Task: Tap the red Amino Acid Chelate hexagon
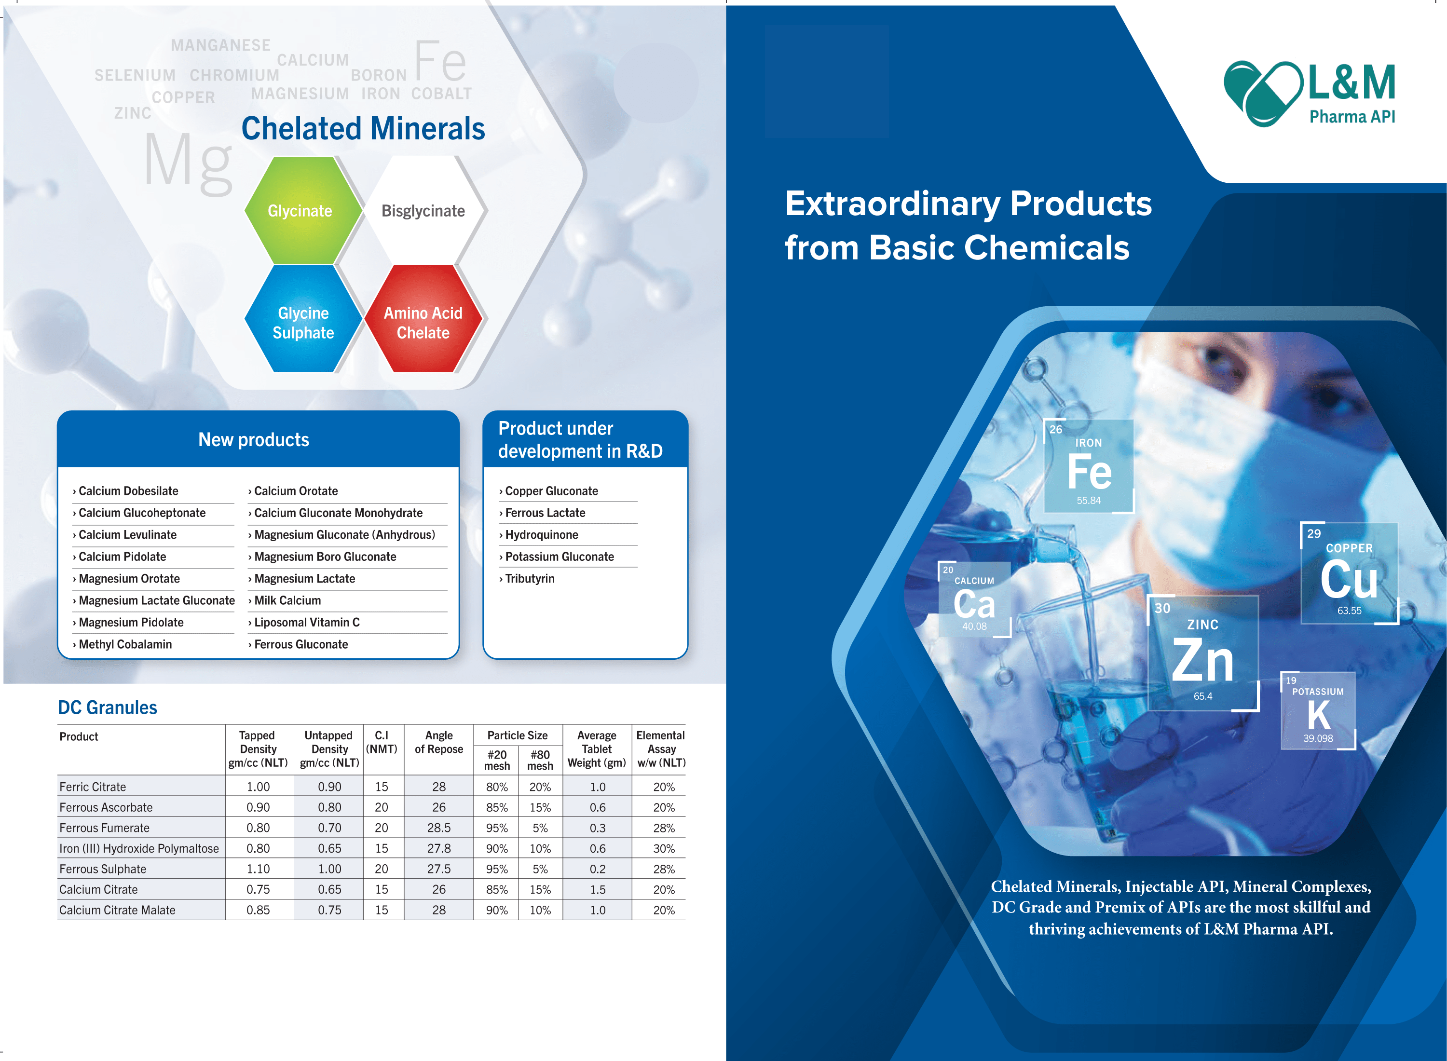coord(423,319)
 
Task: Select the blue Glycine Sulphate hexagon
coord(303,319)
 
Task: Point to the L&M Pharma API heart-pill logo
coord(1263,93)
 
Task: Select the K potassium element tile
coord(1318,710)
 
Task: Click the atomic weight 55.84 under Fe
coord(1088,500)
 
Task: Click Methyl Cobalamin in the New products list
coord(122,644)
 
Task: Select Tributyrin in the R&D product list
coord(527,579)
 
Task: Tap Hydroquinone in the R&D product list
coord(539,535)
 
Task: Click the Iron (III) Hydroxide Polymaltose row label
coord(139,848)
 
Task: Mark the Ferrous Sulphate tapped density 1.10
coord(258,869)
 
